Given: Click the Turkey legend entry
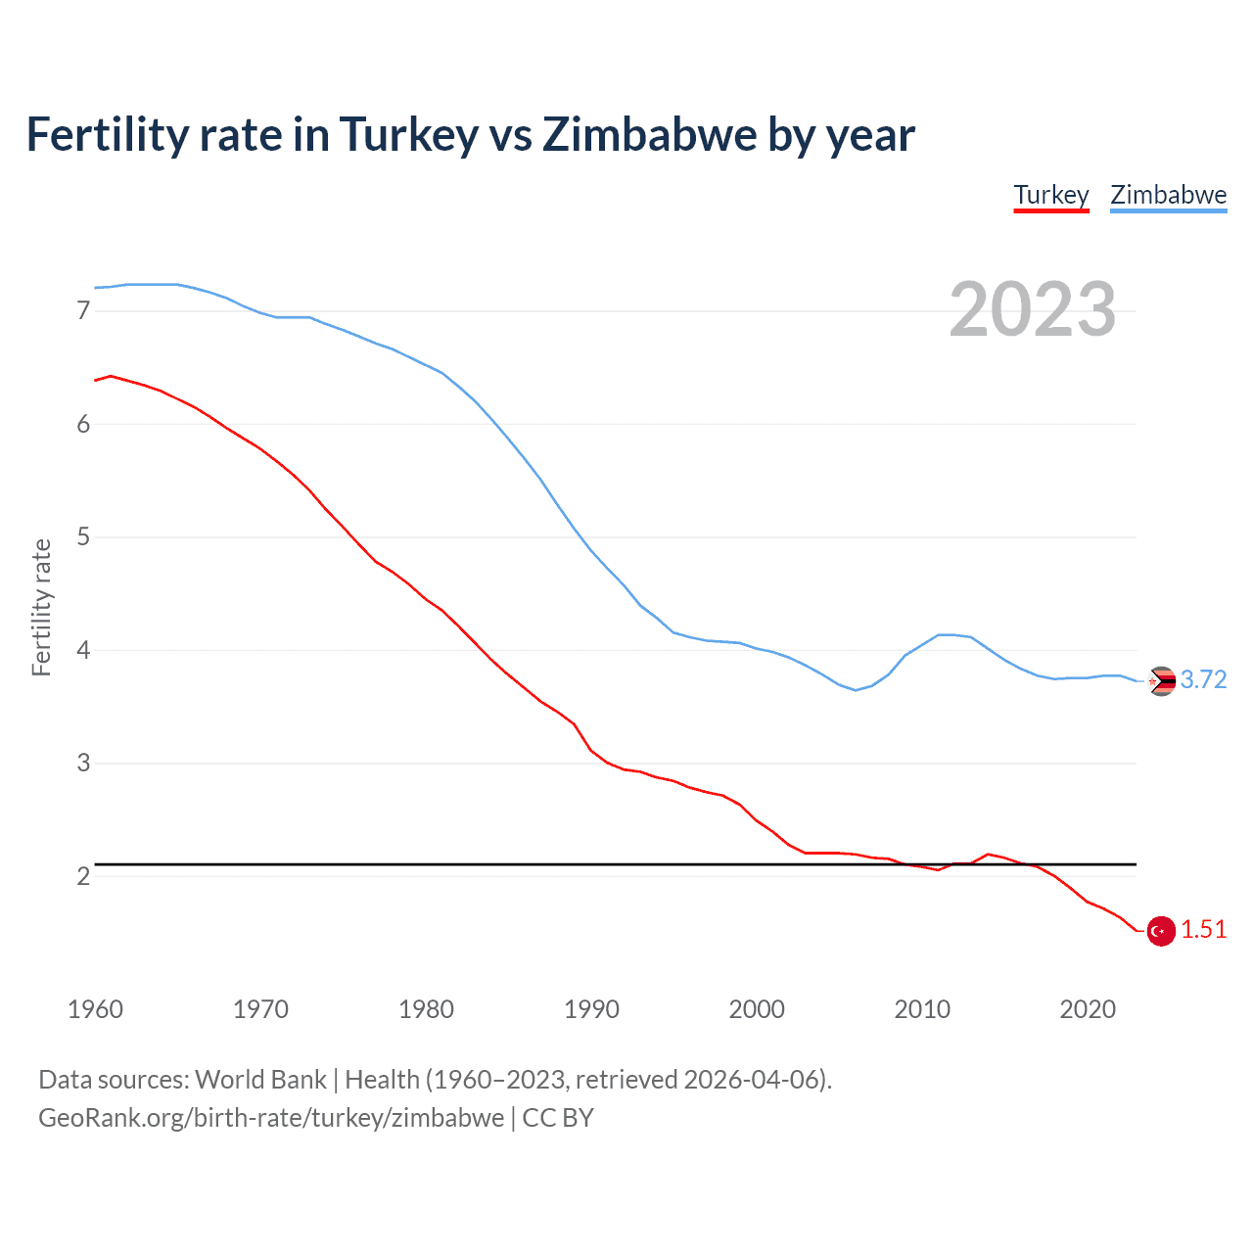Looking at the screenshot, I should [x=1051, y=195].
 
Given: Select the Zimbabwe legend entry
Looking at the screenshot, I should [x=1168, y=195].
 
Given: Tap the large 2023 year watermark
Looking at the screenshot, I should [x=1032, y=309].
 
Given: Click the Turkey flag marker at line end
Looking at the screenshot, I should [x=1161, y=931].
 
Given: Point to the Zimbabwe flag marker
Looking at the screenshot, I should [x=1161, y=680].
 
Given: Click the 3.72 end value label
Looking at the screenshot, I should [x=1203, y=679].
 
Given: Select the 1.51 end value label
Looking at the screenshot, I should [x=1203, y=929].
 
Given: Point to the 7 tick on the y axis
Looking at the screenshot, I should [x=83, y=311].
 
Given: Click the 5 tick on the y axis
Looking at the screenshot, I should [x=83, y=537].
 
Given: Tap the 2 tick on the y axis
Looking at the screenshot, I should [x=83, y=876].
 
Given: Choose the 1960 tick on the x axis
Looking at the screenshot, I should [x=95, y=1009].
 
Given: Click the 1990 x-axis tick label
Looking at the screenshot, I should [x=591, y=1009].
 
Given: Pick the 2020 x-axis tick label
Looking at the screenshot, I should [x=1088, y=1009].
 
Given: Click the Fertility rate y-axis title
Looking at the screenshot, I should [x=41, y=607].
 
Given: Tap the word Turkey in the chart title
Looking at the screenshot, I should [x=408, y=134].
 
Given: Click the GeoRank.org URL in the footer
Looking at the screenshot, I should [x=271, y=1118].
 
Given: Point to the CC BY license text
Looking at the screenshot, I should [x=558, y=1118].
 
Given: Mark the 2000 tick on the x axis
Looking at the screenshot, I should [x=757, y=1009].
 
